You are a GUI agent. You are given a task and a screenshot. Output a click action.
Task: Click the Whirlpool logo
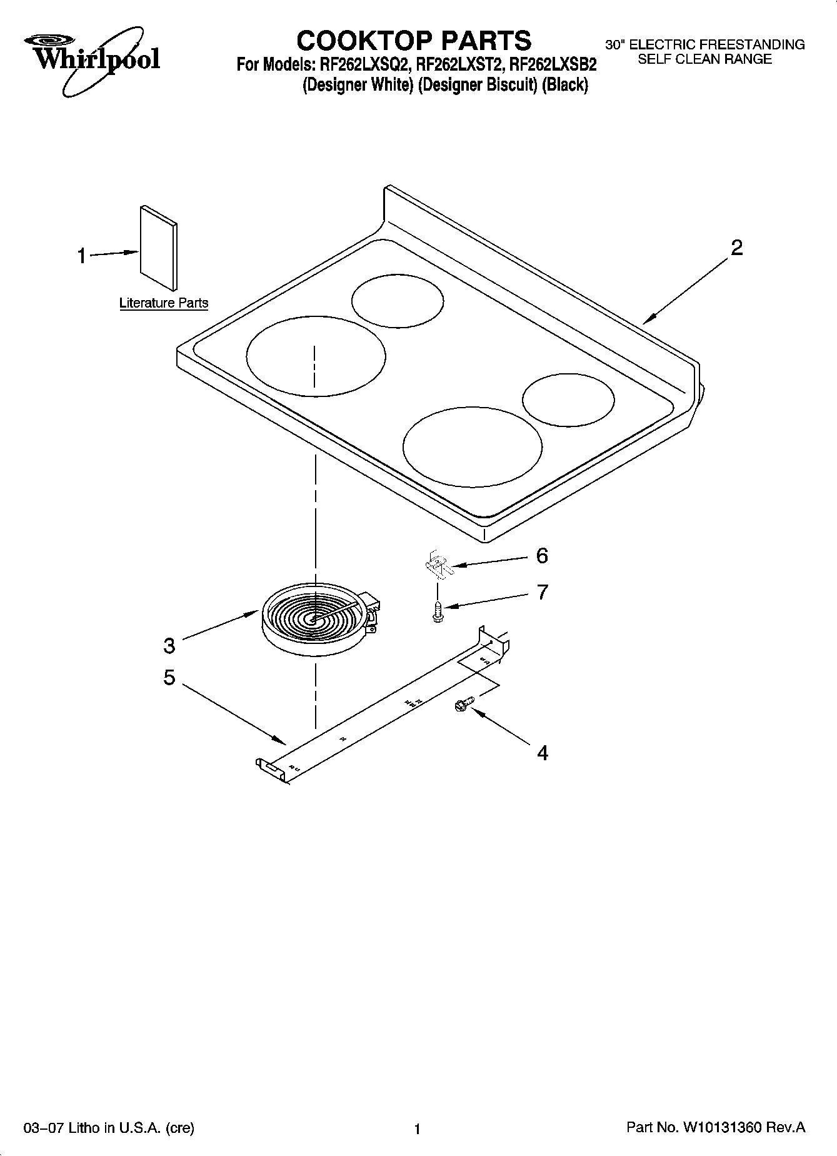[93, 59]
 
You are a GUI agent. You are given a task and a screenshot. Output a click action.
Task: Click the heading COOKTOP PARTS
[414, 41]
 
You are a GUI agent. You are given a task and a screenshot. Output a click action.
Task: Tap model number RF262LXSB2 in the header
[553, 64]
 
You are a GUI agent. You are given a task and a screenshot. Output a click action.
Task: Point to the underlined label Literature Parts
[164, 303]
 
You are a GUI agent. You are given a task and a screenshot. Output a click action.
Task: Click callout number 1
[82, 256]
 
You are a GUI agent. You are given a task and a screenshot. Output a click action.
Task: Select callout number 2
[737, 248]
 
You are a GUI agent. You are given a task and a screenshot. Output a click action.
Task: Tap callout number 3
[169, 646]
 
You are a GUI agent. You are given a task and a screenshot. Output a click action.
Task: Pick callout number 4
[543, 753]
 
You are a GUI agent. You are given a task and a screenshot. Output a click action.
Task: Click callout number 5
[169, 678]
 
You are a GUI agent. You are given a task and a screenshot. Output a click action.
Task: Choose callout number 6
[542, 555]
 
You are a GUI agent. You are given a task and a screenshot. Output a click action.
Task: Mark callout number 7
[542, 592]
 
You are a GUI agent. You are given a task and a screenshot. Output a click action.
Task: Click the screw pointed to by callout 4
[464, 705]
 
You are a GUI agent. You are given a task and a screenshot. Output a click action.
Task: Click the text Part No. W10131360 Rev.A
[715, 1128]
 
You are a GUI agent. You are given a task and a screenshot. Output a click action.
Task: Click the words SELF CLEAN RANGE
[704, 59]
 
